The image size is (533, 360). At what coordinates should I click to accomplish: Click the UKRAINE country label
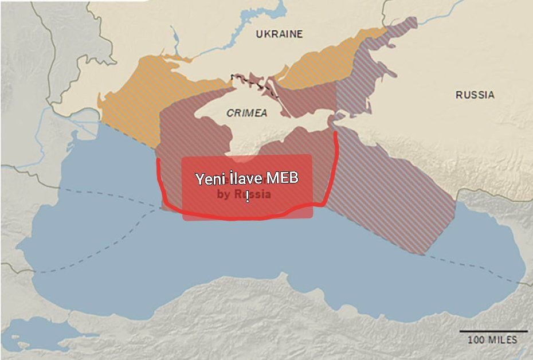pos(279,34)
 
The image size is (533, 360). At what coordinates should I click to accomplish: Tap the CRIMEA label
pos(246,113)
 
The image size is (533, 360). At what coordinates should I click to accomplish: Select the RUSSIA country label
pos(475,95)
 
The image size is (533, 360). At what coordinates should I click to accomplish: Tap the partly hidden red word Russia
pos(253,194)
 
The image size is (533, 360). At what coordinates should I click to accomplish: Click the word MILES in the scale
pos(503,340)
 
